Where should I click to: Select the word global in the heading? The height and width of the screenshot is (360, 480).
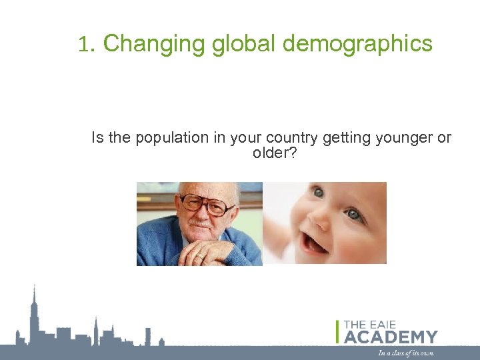point(245,44)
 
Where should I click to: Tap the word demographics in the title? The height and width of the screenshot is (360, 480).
point(358,44)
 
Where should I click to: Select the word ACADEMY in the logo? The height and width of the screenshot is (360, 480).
point(391,337)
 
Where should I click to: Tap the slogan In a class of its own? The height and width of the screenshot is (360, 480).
point(406,353)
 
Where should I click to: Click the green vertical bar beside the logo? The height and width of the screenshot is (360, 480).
point(338,331)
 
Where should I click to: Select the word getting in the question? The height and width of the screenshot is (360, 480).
point(339,138)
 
